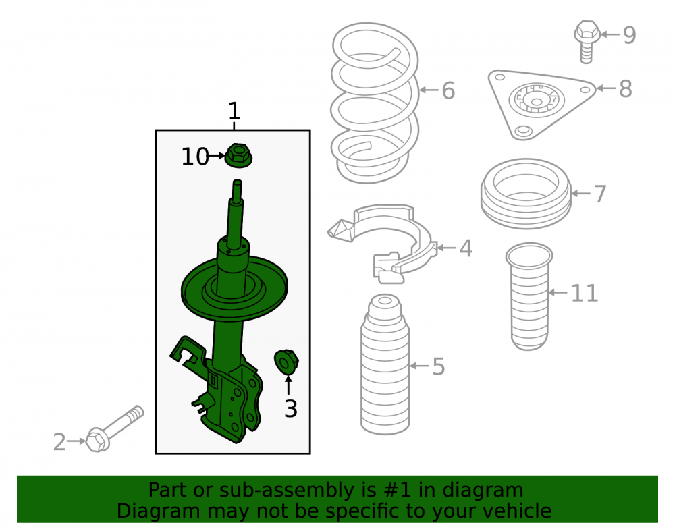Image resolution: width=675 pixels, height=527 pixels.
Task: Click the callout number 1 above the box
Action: (x=234, y=111)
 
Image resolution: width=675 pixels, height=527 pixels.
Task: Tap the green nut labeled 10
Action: (x=238, y=155)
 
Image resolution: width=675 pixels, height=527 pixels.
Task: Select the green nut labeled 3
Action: (x=286, y=362)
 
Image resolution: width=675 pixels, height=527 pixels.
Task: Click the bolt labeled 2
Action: (x=114, y=429)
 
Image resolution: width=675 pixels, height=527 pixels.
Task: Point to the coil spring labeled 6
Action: (x=375, y=103)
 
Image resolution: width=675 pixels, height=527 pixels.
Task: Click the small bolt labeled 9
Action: (x=587, y=42)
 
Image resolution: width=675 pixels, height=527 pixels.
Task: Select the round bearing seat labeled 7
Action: (x=526, y=194)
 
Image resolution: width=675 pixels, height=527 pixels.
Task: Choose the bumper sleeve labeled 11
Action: (x=529, y=297)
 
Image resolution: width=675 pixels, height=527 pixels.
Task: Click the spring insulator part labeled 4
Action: (x=383, y=243)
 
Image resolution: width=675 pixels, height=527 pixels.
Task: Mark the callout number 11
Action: (x=584, y=294)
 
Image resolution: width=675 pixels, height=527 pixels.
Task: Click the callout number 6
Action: (x=448, y=91)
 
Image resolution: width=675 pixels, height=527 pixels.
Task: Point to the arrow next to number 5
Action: (x=419, y=366)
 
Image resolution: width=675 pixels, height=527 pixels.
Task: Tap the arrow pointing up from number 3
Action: (x=288, y=385)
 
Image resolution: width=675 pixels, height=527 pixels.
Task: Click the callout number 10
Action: (x=195, y=157)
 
